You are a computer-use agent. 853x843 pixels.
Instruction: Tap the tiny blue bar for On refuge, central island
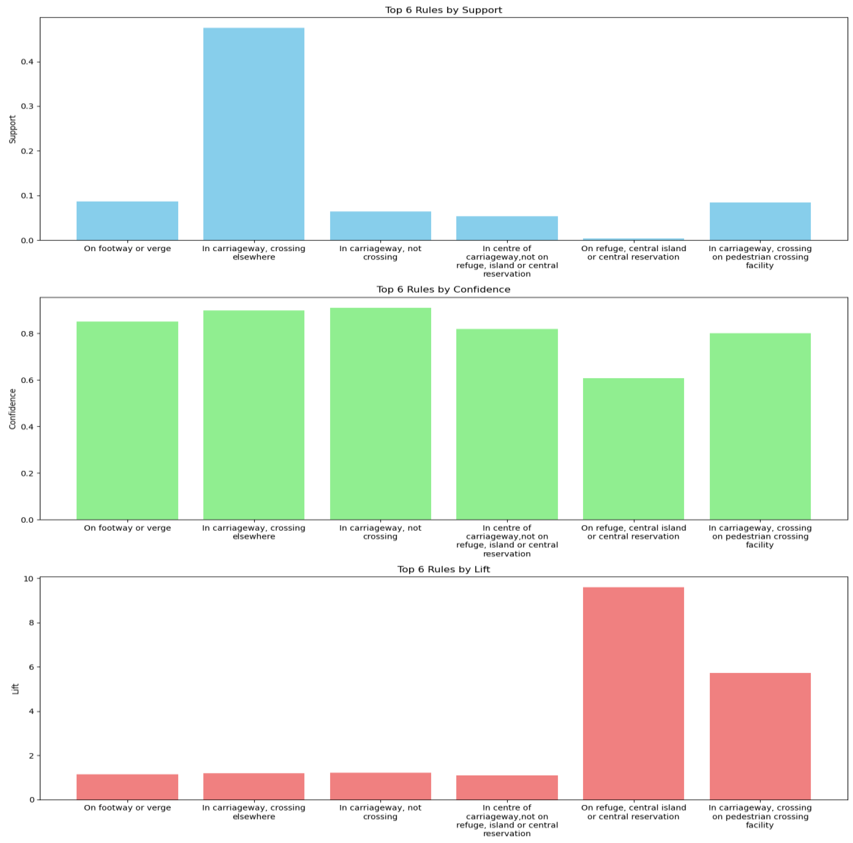[633, 239]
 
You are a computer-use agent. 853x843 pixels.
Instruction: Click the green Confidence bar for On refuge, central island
[633, 448]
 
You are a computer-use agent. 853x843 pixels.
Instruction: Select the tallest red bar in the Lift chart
[633, 693]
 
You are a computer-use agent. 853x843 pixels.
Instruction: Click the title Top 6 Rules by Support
[443, 10]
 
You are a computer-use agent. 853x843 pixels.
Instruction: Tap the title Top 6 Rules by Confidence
[443, 289]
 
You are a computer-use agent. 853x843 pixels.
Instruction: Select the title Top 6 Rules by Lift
[443, 569]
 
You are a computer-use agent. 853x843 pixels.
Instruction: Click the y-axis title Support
[12, 129]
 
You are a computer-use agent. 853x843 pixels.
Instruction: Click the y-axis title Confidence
[12, 409]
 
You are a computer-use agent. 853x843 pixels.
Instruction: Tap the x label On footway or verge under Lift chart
[127, 808]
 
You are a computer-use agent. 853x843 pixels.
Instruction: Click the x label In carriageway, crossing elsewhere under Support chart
[253, 253]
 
